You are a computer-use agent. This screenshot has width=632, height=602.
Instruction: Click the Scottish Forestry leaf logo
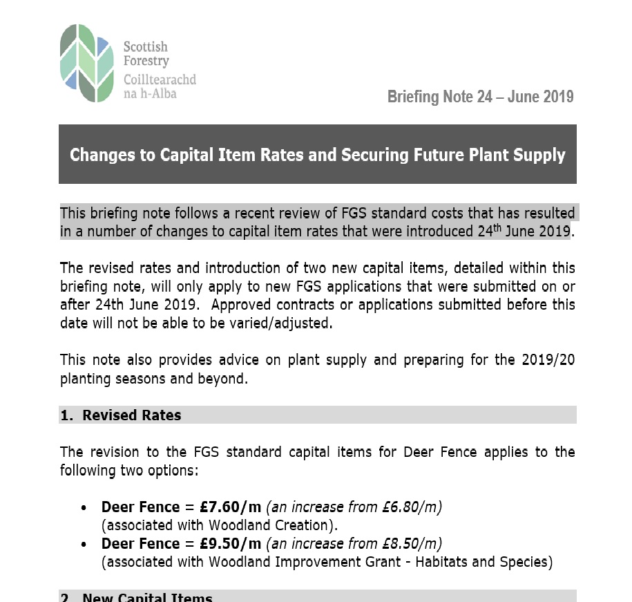point(86,63)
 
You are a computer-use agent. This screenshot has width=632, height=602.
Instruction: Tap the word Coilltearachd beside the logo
point(160,79)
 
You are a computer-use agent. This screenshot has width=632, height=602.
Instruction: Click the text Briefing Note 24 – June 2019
point(480,97)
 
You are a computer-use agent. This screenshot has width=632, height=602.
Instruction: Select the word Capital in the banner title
point(187,155)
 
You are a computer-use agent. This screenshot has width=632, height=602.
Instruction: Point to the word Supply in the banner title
point(539,155)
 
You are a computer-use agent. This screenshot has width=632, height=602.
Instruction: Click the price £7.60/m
point(227,507)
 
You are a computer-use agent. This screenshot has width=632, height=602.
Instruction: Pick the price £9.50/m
point(227,543)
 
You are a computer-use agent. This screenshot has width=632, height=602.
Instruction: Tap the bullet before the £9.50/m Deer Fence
point(84,545)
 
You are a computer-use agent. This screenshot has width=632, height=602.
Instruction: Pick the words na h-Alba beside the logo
point(150,93)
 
